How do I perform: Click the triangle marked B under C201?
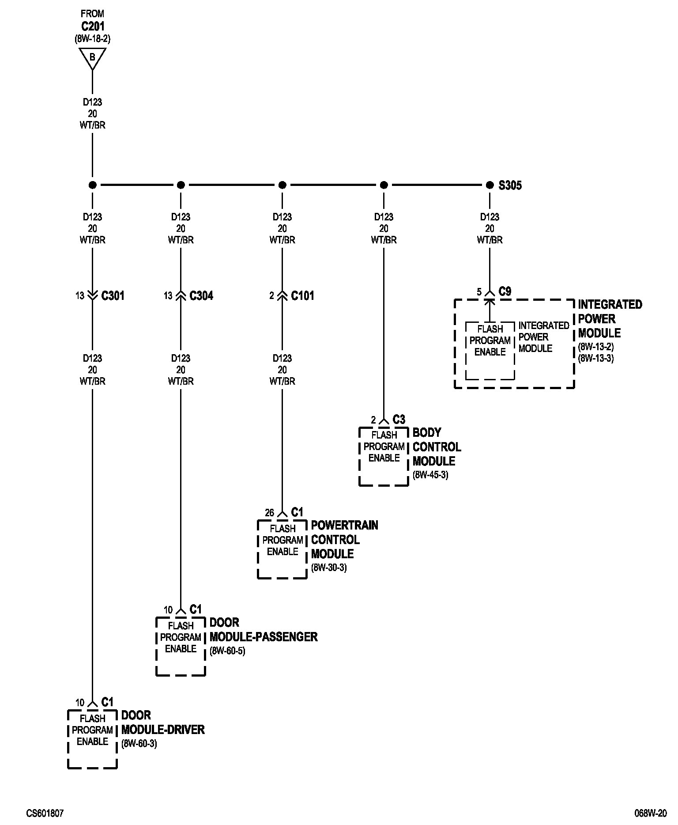point(92,57)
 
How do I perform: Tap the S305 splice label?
point(510,185)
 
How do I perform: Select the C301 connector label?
point(113,295)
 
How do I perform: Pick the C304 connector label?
point(201,295)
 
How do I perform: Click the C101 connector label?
point(303,295)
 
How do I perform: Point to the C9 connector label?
point(505,291)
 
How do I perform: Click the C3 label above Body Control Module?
point(399,420)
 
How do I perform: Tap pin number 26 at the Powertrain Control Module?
point(269,513)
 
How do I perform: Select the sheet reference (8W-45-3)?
point(430,475)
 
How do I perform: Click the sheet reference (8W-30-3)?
point(329,568)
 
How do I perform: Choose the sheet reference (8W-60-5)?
point(227,651)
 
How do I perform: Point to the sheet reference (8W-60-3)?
point(139,744)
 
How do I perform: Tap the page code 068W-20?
point(651,813)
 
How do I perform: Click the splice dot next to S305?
point(490,185)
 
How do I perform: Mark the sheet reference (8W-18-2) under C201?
point(92,39)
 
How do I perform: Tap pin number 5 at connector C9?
point(479,292)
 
